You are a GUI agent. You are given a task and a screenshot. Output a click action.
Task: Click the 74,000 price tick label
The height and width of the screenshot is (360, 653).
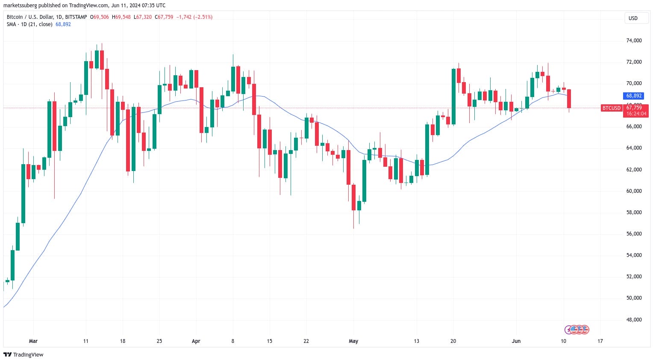click(634, 41)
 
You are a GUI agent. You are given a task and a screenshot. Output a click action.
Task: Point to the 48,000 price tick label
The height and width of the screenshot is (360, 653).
click(634, 319)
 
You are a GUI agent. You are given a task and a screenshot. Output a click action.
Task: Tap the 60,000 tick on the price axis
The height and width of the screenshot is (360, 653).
click(634, 191)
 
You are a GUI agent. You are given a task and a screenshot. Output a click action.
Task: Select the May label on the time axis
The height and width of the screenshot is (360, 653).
click(353, 341)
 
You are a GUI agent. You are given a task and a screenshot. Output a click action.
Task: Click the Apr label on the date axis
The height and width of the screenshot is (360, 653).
click(196, 341)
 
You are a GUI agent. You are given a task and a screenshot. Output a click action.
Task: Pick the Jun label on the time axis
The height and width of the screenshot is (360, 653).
click(516, 341)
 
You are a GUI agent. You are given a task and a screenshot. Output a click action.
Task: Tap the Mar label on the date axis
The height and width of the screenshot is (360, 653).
click(33, 341)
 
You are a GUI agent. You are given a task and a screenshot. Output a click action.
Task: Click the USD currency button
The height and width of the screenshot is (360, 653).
click(633, 18)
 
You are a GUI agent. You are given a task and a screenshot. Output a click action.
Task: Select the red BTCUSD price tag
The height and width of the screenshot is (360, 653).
click(611, 108)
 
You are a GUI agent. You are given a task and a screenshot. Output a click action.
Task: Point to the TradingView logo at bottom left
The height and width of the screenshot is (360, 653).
click(24, 354)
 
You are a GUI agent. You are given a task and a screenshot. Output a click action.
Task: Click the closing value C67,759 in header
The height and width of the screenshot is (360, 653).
click(164, 17)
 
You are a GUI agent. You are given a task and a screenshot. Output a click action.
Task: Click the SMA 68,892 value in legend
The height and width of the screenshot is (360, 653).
click(63, 24)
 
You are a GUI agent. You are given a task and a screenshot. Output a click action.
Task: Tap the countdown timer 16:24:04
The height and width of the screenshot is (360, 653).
click(636, 114)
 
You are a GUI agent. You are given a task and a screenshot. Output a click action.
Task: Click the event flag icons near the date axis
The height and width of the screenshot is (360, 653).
click(577, 330)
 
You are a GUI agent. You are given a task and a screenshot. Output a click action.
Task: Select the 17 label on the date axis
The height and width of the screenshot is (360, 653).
click(600, 341)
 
